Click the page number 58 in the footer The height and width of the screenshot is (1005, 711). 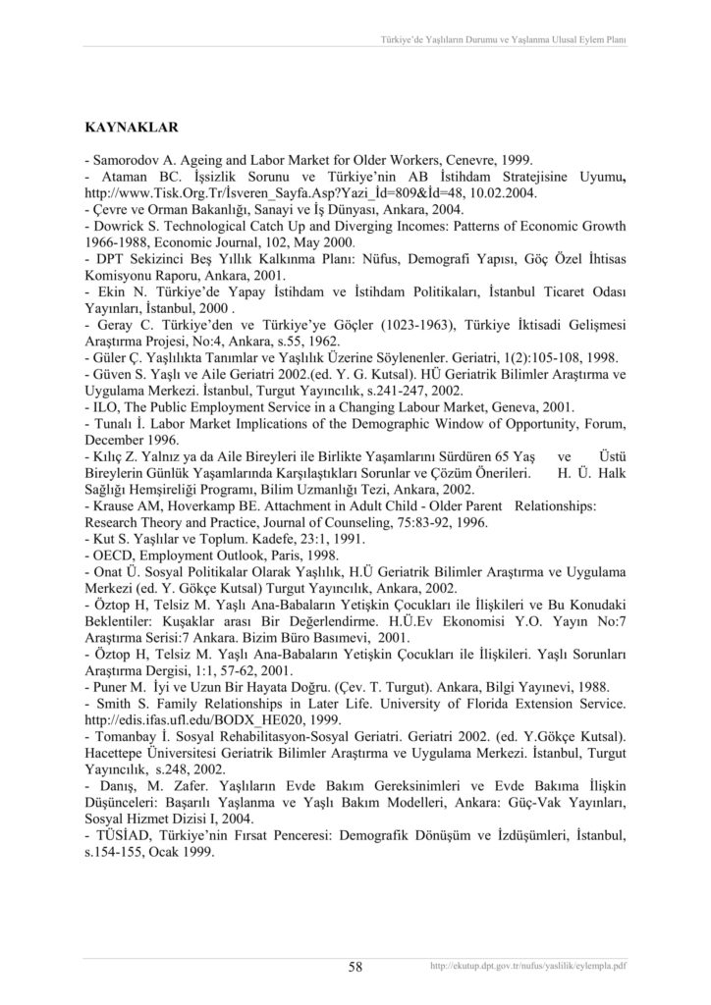tap(355, 967)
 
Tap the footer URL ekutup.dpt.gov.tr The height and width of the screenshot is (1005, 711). tap(528, 967)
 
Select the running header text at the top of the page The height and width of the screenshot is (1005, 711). tap(504, 40)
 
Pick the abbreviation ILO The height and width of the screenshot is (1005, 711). tap(105, 406)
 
